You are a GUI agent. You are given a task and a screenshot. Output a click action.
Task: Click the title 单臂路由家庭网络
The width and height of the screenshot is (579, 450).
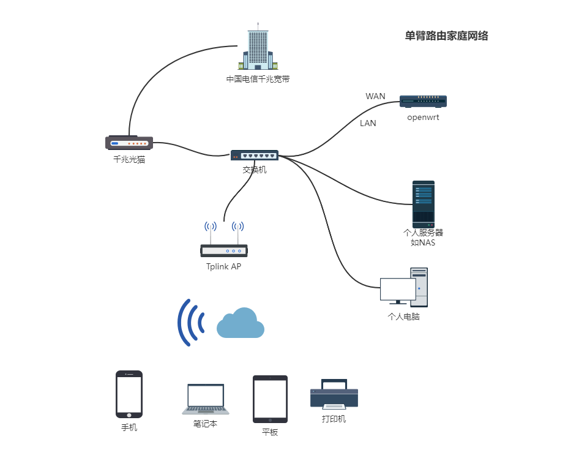point(446,36)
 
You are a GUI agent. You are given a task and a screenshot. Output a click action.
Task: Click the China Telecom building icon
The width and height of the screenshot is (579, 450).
point(258,48)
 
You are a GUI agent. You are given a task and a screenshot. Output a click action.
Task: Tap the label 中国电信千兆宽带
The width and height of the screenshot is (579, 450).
point(258,79)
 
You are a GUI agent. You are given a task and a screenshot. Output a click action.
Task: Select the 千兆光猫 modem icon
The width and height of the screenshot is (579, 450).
point(129,143)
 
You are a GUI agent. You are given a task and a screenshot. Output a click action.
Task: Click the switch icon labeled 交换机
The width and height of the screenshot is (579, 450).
point(255,155)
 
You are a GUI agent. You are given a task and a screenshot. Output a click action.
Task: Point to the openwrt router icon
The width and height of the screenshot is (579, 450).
point(423,102)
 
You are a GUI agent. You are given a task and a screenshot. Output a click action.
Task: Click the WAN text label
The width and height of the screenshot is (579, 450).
point(375,96)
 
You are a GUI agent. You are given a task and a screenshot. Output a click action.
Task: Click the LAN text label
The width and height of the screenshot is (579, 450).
point(368,123)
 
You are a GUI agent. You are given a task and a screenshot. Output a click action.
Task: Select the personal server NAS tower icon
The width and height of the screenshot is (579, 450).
point(423,204)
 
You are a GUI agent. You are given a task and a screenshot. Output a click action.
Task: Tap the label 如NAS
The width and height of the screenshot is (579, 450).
point(423,242)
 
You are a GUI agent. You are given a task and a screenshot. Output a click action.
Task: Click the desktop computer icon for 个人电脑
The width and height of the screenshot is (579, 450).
point(405,288)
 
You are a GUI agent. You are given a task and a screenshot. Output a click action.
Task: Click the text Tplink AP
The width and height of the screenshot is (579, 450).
point(224,266)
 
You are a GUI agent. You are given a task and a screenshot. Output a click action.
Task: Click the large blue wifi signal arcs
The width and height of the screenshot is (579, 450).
point(190,322)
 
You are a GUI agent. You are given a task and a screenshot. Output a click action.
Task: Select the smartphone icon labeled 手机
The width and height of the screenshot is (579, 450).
point(129,394)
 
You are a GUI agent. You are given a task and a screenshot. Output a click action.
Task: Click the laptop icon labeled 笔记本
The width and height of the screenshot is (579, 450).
point(206,399)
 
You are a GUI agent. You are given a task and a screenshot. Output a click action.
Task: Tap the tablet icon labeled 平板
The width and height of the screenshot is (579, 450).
point(270,399)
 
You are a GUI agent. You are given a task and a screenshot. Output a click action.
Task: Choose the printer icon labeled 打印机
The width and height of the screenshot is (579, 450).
point(334,394)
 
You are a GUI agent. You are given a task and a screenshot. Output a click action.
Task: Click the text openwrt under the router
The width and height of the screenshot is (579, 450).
point(423,118)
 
